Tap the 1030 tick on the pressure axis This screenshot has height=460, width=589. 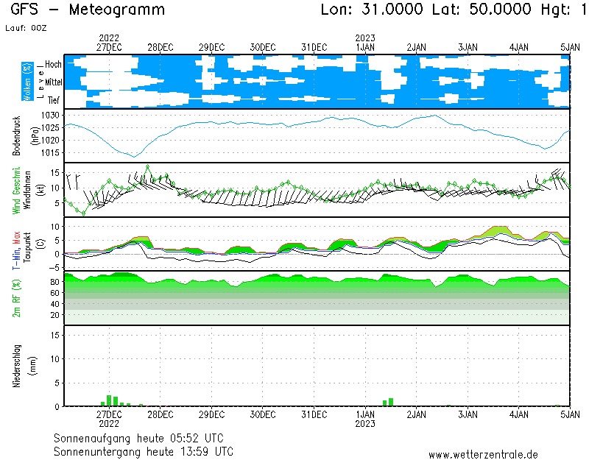51,116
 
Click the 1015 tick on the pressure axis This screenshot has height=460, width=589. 51,152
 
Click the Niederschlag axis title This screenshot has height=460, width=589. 17,366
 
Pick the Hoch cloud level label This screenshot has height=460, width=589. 53,65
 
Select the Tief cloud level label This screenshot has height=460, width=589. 54,100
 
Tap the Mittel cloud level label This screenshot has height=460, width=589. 54,82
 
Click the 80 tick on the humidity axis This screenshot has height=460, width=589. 54,282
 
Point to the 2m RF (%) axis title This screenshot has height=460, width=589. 17,298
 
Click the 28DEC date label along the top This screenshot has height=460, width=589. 161,46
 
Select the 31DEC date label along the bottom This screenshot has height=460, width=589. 314,415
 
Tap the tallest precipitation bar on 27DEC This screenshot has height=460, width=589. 109,401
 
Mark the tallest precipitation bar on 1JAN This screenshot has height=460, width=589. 391,402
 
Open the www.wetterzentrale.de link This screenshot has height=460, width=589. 482,455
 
